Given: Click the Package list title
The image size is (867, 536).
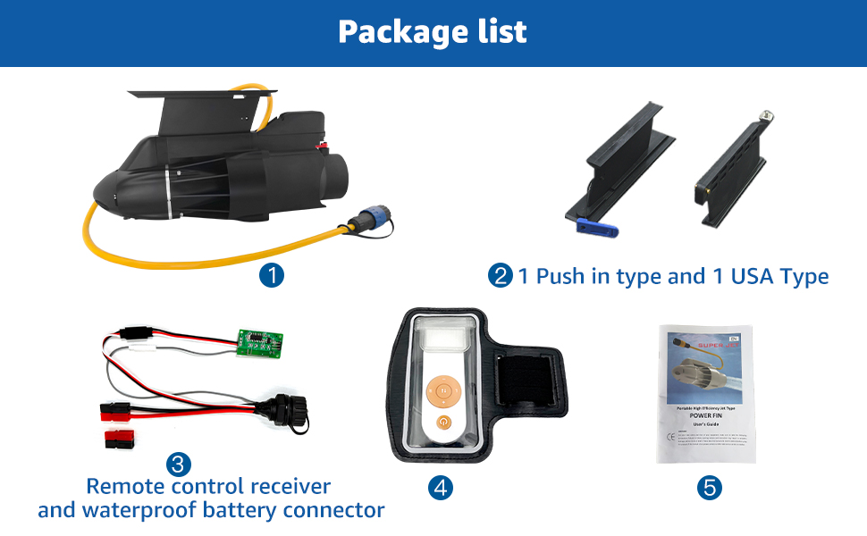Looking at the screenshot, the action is [433, 32].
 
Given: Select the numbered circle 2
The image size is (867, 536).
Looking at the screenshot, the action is [501, 276].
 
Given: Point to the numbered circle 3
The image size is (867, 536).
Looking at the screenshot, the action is [179, 465].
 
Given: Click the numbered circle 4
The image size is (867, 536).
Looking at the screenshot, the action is [441, 487].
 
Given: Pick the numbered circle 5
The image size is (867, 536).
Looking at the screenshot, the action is [711, 488].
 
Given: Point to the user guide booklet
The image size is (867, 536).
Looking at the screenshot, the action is [705, 393].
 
